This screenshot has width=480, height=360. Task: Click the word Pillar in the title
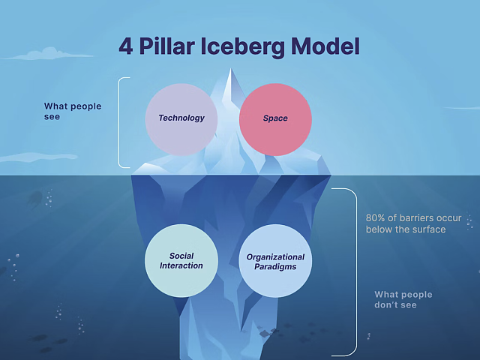pyautogui.click(x=166, y=46)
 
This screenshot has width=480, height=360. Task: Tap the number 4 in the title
pyautogui.click(x=126, y=46)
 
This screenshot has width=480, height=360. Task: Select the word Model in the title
pyautogui.click(x=325, y=46)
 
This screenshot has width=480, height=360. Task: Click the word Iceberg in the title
pyautogui.click(x=243, y=47)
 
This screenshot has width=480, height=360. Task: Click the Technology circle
pyautogui.click(x=181, y=119)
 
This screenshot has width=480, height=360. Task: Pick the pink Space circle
pyautogui.click(x=275, y=119)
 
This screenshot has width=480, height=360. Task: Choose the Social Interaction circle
pyautogui.click(x=181, y=261)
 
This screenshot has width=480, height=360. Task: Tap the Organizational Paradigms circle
pyautogui.click(x=275, y=261)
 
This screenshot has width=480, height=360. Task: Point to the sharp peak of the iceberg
pyautogui.click(x=231, y=69)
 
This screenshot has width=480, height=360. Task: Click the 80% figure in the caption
pyautogui.click(x=375, y=218)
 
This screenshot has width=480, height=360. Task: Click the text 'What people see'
pyautogui.click(x=73, y=112)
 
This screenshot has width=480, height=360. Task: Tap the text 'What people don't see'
pyautogui.click(x=403, y=300)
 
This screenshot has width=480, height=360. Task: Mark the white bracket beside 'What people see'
pyautogui.click(x=118, y=122)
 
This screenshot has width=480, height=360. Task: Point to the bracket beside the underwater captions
pyautogui.click(x=357, y=272)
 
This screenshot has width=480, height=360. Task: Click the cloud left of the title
pyautogui.click(x=49, y=54)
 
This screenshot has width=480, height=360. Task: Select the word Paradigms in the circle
pyautogui.click(x=275, y=267)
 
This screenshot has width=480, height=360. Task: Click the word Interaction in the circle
pyautogui.click(x=181, y=265)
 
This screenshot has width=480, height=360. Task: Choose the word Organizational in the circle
pyautogui.click(x=275, y=257)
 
